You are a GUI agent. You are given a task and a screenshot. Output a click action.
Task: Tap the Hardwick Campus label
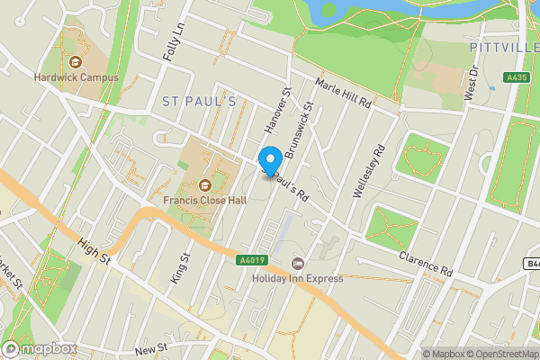76,77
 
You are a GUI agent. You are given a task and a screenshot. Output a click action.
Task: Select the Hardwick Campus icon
76,62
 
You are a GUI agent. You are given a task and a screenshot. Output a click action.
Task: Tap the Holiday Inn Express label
298,278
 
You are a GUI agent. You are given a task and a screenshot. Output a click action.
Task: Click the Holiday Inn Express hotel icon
298,263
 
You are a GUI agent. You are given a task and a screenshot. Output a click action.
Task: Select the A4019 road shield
252,261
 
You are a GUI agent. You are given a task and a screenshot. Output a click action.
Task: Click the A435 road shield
517,78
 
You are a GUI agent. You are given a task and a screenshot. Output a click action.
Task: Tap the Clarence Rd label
427,264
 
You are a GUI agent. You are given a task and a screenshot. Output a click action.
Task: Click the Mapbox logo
39,348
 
